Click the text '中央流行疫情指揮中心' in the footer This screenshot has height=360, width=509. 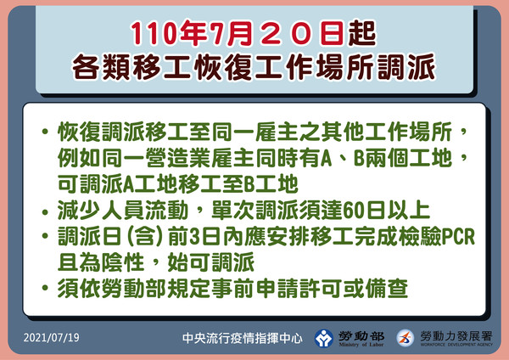click(243, 337)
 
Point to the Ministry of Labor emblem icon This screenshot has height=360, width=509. click(325, 337)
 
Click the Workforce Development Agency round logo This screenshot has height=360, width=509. click(406, 337)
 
